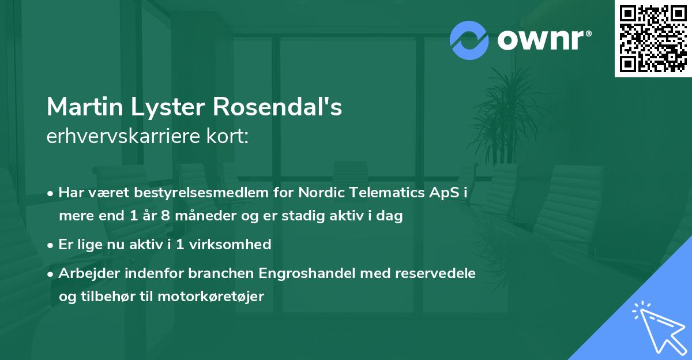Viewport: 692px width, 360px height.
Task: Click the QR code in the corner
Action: point(653,39)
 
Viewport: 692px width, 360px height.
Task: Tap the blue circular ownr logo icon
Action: point(469,40)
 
